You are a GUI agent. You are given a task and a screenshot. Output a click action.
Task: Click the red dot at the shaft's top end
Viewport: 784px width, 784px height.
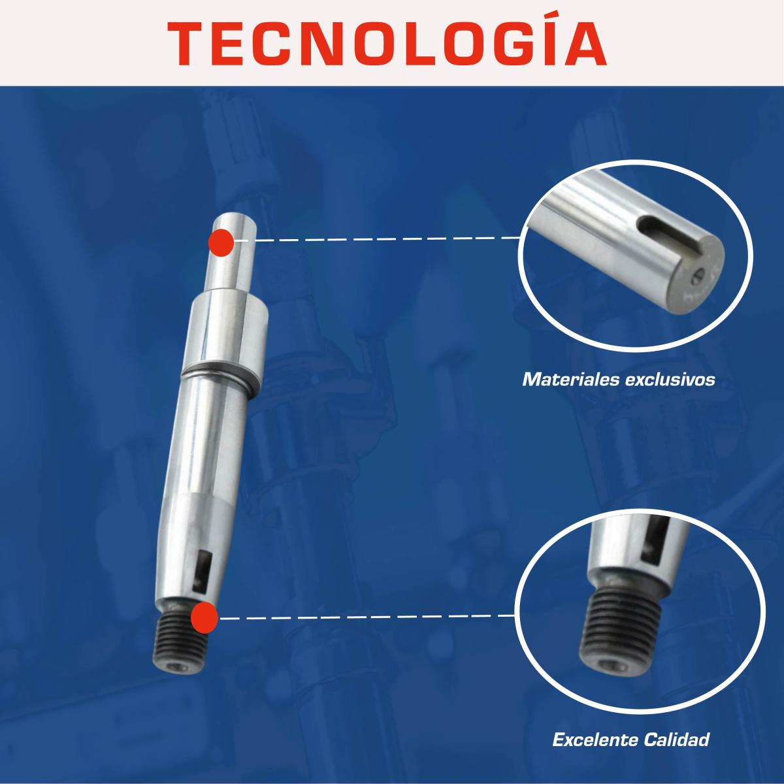[x=221, y=242]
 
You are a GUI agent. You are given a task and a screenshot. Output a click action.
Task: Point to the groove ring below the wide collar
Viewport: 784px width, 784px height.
[x=220, y=378]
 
